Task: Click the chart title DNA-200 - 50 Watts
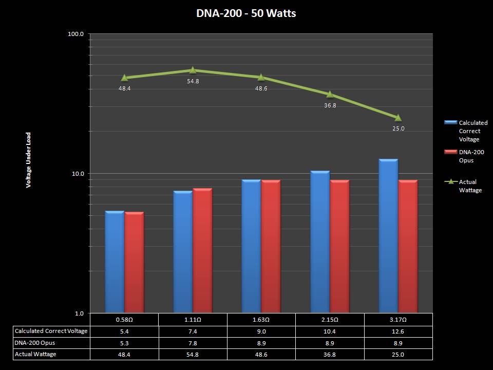click(246, 13)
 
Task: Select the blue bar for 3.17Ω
click(388, 236)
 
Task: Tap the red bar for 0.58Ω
click(135, 262)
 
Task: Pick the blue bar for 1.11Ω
click(183, 252)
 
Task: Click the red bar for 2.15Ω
click(339, 247)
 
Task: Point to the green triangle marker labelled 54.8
click(193, 70)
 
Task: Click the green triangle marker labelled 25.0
click(398, 118)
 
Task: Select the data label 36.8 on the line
click(330, 105)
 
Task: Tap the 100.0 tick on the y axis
click(76, 34)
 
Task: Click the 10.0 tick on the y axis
click(78, 174)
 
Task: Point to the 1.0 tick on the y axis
click(79, 313)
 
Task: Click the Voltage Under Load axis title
click(29, 160)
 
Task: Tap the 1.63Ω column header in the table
click(261, 320)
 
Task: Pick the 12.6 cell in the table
click(399, 331)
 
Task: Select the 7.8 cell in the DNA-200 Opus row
click(193, 343)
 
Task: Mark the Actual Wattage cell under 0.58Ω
click(124, 354)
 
